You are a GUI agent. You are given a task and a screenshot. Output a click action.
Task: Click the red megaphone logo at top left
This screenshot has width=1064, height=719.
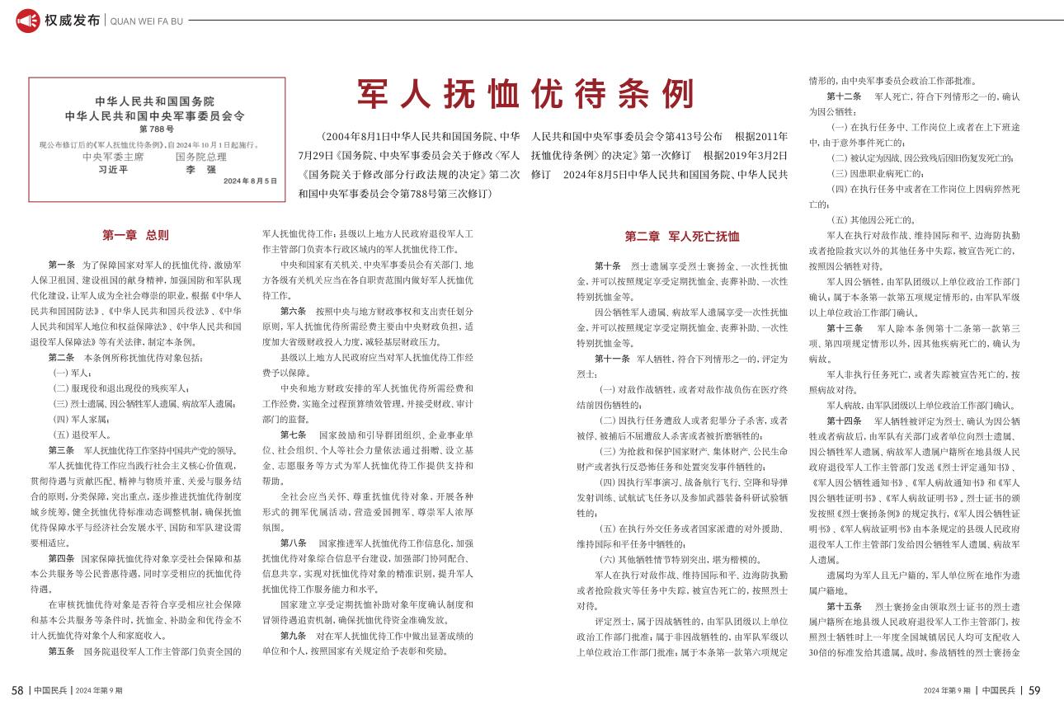(28, 21)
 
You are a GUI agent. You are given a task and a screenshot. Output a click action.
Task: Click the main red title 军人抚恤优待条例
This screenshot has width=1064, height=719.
(525, 96)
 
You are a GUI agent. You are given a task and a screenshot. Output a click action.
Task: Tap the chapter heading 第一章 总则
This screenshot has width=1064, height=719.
(135, 235)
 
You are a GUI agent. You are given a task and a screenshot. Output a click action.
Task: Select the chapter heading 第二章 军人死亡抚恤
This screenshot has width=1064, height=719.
(681, 236)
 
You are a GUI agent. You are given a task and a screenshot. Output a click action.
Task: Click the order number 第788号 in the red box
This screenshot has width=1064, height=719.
(156, 129)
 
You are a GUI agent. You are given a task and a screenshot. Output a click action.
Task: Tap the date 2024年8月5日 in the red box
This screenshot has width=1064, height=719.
(250, 181)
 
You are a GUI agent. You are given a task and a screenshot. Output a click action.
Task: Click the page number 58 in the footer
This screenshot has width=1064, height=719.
(16, 690)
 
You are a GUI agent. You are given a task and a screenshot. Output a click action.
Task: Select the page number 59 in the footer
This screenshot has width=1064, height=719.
(1034, 690)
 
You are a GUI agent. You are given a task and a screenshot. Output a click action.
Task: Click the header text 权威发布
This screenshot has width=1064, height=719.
(73, 21)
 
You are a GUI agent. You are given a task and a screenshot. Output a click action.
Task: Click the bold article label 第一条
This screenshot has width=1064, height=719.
(62, 266)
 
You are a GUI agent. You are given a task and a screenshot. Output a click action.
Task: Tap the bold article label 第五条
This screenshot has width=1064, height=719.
(62, 651)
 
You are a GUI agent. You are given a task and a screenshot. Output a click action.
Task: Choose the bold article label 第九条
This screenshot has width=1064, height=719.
(294, 636)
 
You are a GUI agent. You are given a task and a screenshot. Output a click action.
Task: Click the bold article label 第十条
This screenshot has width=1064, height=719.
(608, 266)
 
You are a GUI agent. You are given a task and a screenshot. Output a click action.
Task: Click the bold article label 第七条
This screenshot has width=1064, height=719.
(294, 435)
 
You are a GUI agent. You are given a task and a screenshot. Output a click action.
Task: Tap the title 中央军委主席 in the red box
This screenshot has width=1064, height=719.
(113, 156)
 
